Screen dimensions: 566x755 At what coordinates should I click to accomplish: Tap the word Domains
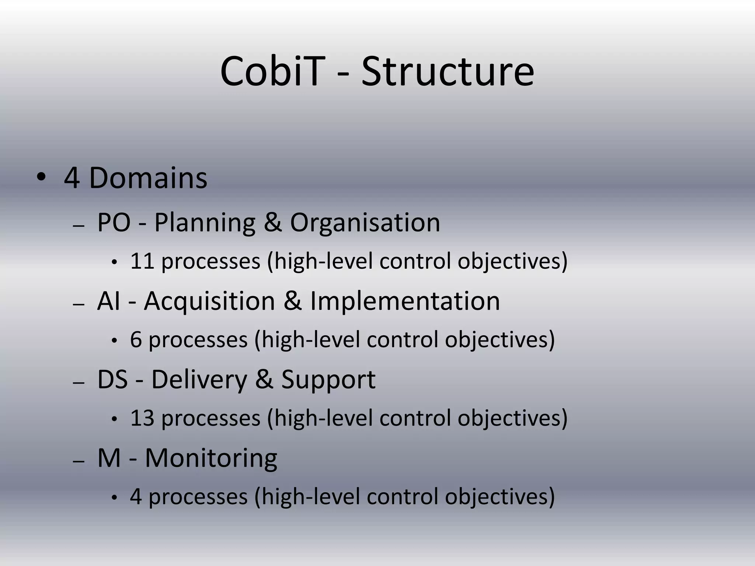(x=148, y=178)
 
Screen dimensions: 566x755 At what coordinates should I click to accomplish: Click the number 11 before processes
(x=142, y=261)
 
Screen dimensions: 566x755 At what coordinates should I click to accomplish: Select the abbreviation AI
(x=108, y=301)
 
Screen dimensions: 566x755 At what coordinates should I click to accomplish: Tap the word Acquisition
(x=209, y=301)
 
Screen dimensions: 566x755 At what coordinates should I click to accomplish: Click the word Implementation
(x=405, y=301)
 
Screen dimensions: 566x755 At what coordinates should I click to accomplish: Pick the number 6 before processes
(x=136, y=340)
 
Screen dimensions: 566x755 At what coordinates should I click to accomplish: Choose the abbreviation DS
(x=112, y=380)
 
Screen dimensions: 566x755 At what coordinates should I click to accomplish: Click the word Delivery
(x=199, y=380)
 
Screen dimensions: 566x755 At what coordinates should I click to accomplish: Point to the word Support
(x=328, y=380)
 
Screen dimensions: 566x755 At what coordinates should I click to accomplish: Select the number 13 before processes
(x=142, y=418)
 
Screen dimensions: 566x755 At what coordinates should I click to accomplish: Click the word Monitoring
(x=211, y=458)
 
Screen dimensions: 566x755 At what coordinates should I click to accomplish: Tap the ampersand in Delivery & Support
(x=264, y=380)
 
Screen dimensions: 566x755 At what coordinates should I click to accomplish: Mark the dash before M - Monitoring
(x=79, y=461)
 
